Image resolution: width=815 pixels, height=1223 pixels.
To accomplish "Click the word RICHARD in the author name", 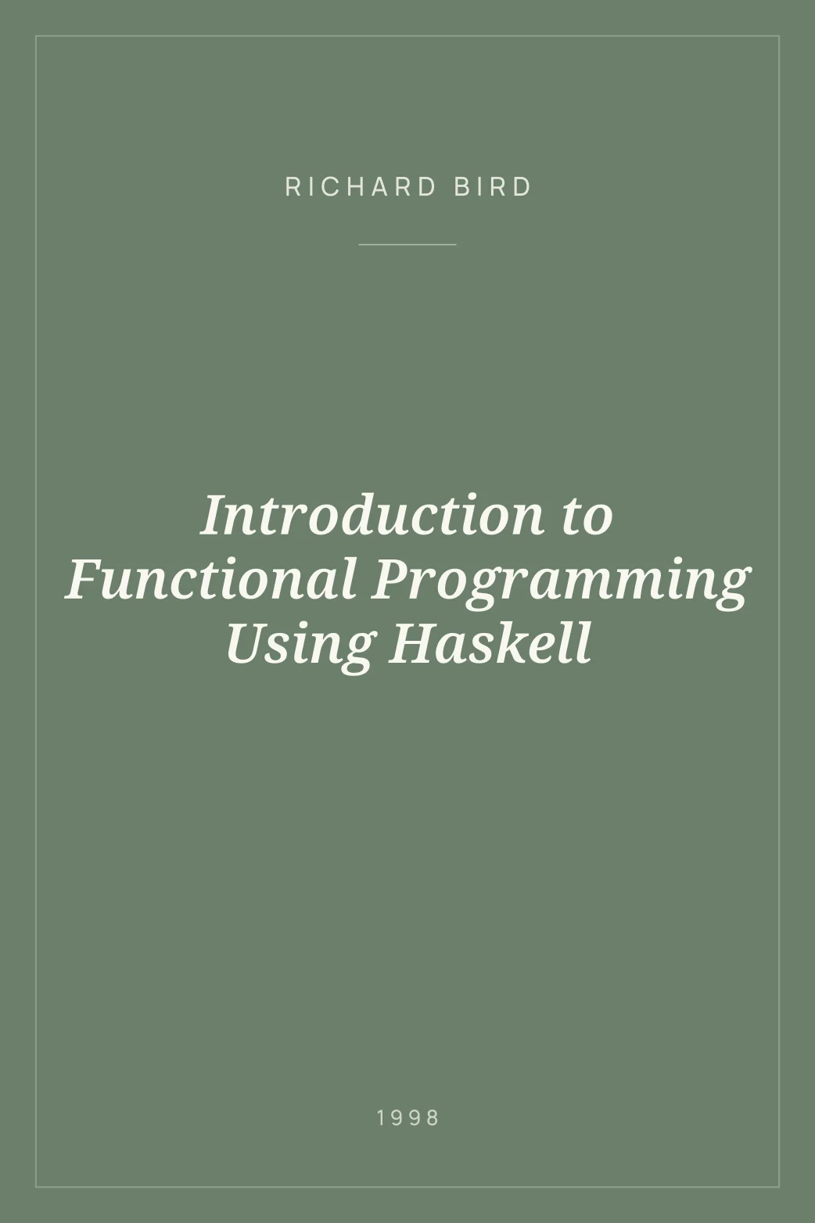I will tap(361, 188).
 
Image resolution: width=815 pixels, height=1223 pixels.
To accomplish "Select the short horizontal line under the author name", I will tap(407, 244).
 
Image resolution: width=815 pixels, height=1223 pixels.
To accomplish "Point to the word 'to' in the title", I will tap(587, 516).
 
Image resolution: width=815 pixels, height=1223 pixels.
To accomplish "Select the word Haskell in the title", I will tap(490, 643).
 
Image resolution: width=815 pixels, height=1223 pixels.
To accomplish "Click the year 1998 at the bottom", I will tap(407, 1118).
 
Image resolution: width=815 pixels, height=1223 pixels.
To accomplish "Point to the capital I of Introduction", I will tap(213, 516).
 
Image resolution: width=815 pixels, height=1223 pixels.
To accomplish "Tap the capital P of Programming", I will tap(390, 580).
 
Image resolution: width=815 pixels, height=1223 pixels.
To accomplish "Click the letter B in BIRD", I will tap(462, 188).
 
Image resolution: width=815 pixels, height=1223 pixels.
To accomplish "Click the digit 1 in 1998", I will tap(381, 1118).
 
